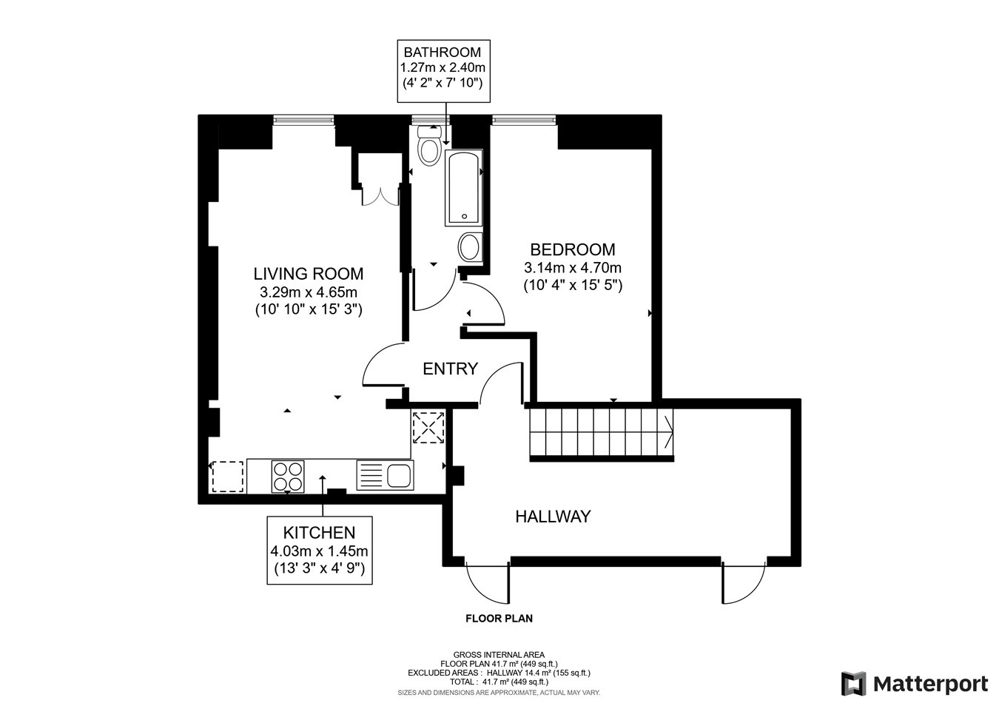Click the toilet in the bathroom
pos(429,146)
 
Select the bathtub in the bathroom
pos(463,188)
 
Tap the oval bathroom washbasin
pos(469,246)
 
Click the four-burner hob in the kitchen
pos(288,476)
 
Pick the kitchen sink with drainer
pos(385,475)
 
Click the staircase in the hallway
pos(600,433)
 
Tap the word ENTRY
pos(450,369)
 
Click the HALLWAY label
pos(553,517)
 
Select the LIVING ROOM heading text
pos(308,274)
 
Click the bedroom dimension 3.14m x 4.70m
pos(572,268)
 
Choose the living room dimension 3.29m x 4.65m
pos(308,292)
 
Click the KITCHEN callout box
pos(319,551)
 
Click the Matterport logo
pos(915,683)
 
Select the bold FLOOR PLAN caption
pos(498,619)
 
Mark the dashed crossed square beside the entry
pos(428,427)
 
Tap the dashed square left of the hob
pos(227,476)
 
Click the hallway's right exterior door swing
pos(744,582)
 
